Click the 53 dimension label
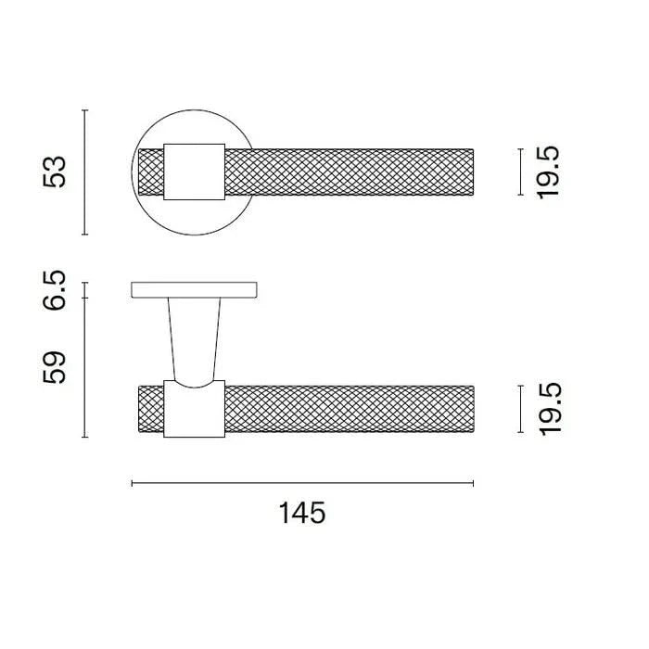coord(54,172)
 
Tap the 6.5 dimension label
coord(54,290)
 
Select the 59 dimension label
coord(54,367)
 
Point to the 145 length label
coord(302,513)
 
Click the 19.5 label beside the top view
coord(549,172)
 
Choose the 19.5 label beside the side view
coord(550,409)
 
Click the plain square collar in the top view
coord(194,172)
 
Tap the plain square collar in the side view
coord(194,409)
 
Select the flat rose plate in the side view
coord(194,289)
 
